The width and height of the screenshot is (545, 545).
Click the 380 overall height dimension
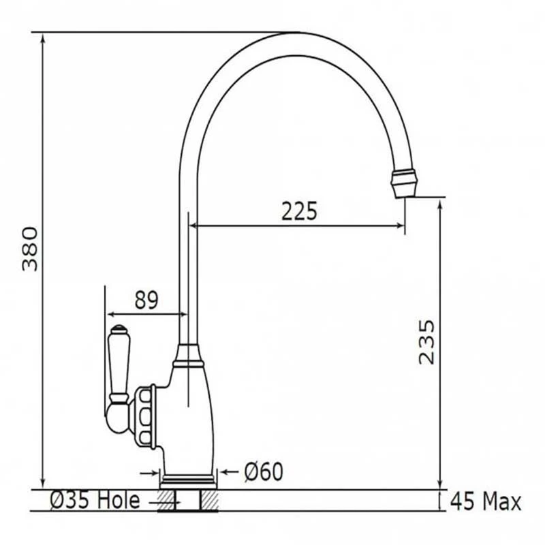point(31,248)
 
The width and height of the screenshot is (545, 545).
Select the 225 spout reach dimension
point(300,212)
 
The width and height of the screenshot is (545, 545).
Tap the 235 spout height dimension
point(426,341)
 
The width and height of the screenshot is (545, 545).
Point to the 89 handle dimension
point(146,300)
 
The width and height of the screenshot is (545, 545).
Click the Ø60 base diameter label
point(263,471)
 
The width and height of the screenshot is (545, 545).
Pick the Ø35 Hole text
point(95,501)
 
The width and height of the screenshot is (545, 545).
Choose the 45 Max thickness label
point(486,503)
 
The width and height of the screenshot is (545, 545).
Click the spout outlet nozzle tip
point(404,185)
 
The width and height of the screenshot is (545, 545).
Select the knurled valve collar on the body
point(146,416)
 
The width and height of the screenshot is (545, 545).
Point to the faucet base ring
point(188,481)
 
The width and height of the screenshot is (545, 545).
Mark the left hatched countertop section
point(166,501)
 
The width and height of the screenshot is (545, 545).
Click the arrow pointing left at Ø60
point(226,471)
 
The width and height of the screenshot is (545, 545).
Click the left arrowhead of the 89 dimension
point(110,314)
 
